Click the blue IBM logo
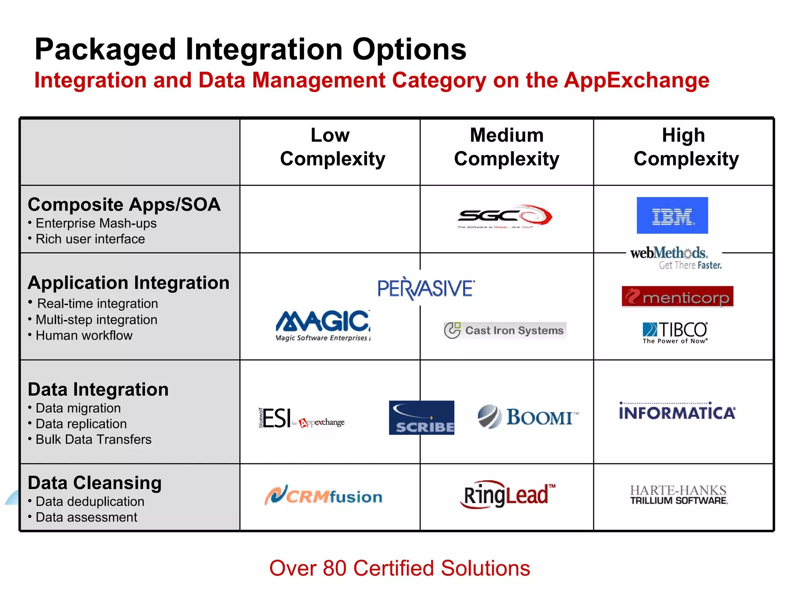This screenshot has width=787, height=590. (x=672, y=215)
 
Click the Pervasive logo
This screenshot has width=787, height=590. (x=426, y=288)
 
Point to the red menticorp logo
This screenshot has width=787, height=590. (x=677, y=297)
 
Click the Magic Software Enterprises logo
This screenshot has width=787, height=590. (x=323, y=326)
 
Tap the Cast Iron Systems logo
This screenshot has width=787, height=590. (x=505, y=331)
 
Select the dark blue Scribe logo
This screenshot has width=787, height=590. (x=421, y=418)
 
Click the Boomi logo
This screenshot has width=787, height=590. (x=528, y=417)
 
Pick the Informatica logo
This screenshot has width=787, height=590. (x=677, y=412)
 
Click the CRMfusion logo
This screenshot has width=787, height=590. (x=323, y=496)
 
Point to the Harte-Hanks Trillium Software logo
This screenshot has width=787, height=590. (x=679, y=495)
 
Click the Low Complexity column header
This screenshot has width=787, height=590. (x=331, y=147)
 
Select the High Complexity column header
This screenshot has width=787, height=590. (x=685, y=147)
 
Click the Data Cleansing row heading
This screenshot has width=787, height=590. (x=95, y=483)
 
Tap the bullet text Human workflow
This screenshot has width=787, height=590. (x=84, y=336)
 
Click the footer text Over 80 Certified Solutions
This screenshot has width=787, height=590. (x=399, y=568)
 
